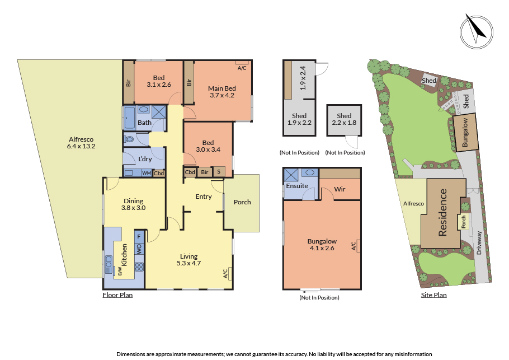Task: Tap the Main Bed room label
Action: pyautogui.click(x=221, y=92)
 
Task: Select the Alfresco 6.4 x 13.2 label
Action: pyautogui.click(x=82, y=143)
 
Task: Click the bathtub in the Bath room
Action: pyautogui.click(x=129, y=118)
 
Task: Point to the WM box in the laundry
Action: pyautogui.click(x=146, y=173)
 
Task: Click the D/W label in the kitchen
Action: pyautogui.click(x=120, y=272)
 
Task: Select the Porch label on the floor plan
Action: pyautogui.click(x=242, y=202)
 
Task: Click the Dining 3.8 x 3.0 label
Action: pyautogui.click(x=134, y=204)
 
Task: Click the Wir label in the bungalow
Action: pyautogui.click(x=340, y=189)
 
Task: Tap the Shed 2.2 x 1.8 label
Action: pyautogui.click(x=343, y=119)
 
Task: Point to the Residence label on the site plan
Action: pyautogui.click(x=443, y=213)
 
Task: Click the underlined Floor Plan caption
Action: pyautogui.click(x=117, y=295)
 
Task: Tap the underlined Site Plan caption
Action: pyautogui.click(x=433, y=295)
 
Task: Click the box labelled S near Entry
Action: pyautogui.click(x=218, y=172)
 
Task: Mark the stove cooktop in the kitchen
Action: pyautogui.click(x=139, y=267)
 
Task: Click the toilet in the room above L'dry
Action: pyautogui.click(x=130, y=139)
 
